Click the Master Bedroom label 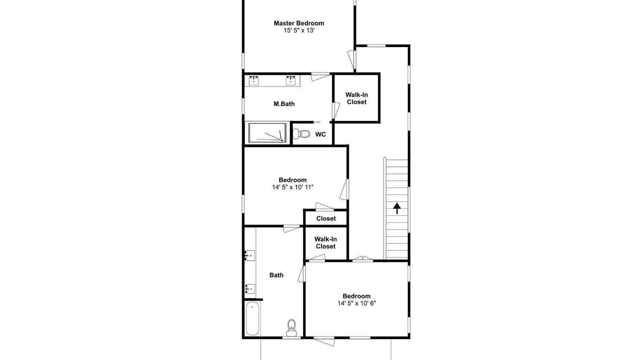pyautogui.click(x=299, y=23)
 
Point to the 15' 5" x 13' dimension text pyautogui.click(x=299, y=30)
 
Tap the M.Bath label pyautogui.click(x=284, y=103)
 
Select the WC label pyautogui.click(x=320, y=134)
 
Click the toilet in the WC pyautogui.click(x=301, y=133)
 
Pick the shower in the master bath pyautogui.click(x=267, y=132)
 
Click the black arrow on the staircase pyautogui.click(x=396, y=208)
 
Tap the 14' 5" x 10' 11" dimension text pyautogui.click(x=293, y=187)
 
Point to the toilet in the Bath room pyautogui.click(x=291, y=328)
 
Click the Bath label pyautogui.click(x=276, y=275)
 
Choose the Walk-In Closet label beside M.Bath pyautogui.click(x=356, y=98)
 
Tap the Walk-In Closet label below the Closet pyautogui.click(x=325, y=242)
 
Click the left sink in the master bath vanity pyautogui.click(x=253, y=80)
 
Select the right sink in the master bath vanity pyautogui.click(x=291, y=80)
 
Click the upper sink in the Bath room pyautogui.click(x=250, y=255)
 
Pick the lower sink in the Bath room pyautogui.click(x=250, y=289)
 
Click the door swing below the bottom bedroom pyautogui.click(x=324, y=341)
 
